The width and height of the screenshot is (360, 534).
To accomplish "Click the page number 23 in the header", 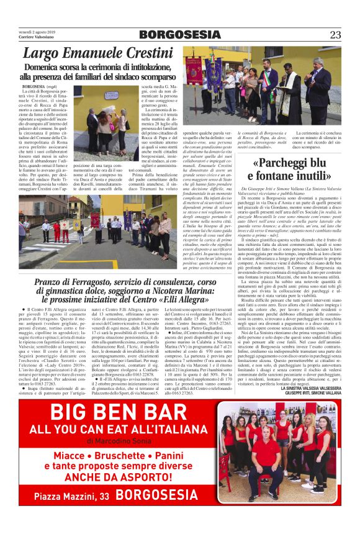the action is point(335,34).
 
